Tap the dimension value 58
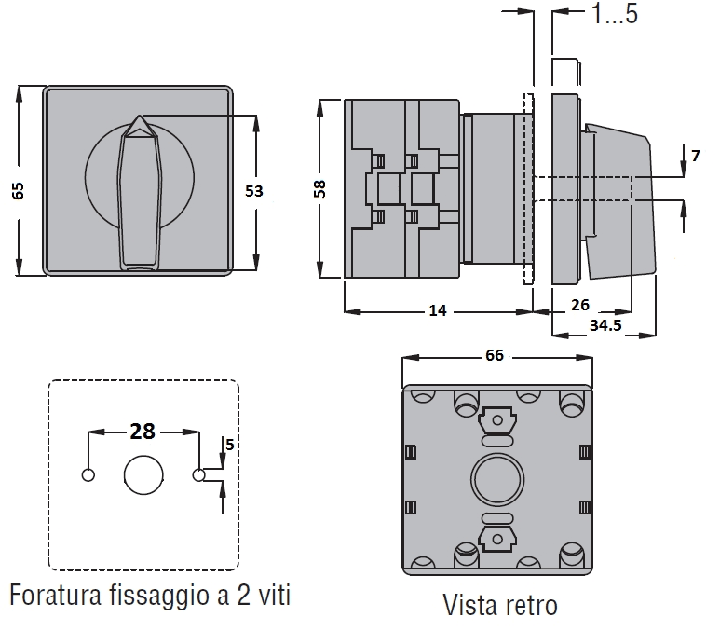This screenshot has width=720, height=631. point(319,188)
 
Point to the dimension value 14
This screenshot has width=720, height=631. point(435,310)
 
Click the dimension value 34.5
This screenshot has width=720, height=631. point(606,324)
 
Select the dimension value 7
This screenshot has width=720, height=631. point(696,155)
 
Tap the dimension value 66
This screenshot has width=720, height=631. point(495,355)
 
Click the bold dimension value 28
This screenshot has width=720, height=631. point(143,431)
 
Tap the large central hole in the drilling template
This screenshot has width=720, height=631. point(143,474)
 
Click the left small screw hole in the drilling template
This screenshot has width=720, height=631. point(88,474)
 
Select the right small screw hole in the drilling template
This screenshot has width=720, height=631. point(198,474)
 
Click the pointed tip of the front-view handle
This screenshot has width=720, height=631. point(138,120)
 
